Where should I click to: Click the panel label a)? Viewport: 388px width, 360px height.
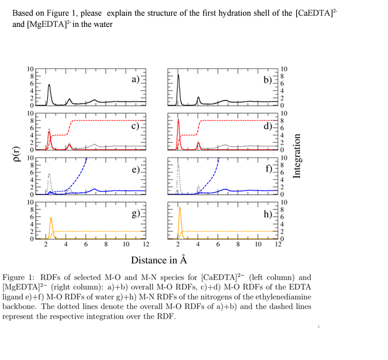point(135,80)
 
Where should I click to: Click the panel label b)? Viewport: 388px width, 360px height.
point(268,80)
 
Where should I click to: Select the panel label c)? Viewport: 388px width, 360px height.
point(135,125)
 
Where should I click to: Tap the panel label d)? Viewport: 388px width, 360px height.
point(268,125)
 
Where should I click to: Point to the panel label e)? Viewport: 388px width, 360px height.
point(135,169)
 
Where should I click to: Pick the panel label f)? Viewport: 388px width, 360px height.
point(268,169)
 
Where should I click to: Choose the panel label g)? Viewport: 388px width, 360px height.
point(135,214)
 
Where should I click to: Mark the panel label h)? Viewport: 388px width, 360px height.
point(268,214)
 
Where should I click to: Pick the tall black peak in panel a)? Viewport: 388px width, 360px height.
point(49,86)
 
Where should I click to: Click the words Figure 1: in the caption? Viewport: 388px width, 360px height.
point(20,278)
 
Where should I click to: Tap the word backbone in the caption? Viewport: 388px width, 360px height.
point(20,306)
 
